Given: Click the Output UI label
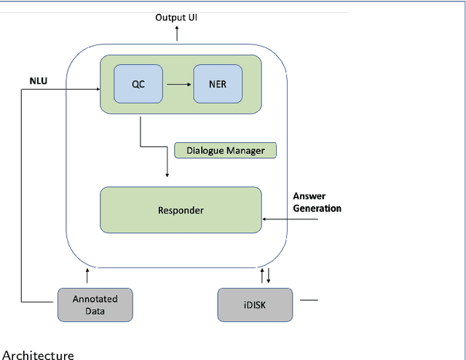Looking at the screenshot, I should point(176,17).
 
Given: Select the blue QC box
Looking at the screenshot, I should point(138,83).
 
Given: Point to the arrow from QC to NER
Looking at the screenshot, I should point(178,83).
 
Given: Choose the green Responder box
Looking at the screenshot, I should point(181,210).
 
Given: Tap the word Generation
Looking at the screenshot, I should point(317,208).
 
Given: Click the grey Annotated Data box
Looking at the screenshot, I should point(95,304).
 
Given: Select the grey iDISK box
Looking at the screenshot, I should point(255,304).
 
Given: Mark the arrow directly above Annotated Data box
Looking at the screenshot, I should point(88,275).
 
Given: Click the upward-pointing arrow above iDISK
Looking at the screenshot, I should point(263,275).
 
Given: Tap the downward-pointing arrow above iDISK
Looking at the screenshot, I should point(269,276).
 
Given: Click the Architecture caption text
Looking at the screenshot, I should point(39,354).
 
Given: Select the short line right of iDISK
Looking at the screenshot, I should point(309,300).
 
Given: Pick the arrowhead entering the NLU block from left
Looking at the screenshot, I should point(96,90).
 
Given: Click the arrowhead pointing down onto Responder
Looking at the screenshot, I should point(167,174).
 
